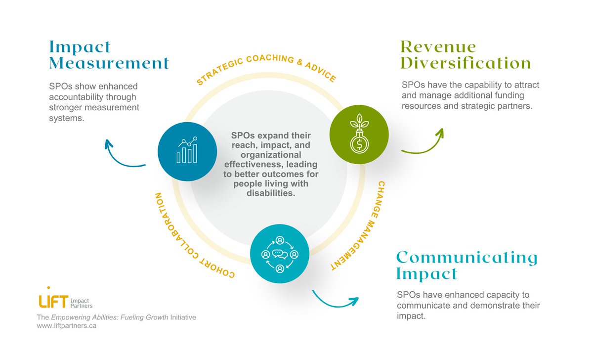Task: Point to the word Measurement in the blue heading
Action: (109, 63)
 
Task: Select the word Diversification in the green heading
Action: (466, 63)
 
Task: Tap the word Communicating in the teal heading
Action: (467, 258)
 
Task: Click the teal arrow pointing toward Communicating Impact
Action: (334, 300)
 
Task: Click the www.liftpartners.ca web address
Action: (67, 327)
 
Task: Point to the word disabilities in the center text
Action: (270, 193)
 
